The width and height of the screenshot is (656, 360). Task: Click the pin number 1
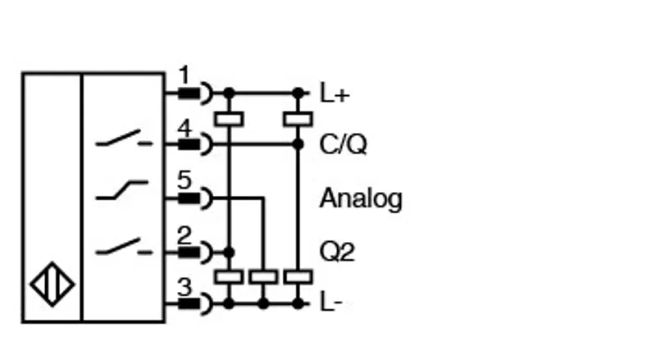tap(184, 75)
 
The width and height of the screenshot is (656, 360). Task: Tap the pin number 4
tap(184, 128)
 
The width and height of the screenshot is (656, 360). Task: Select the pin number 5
tap(184, 180)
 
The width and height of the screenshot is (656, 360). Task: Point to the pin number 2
tap(184, 235)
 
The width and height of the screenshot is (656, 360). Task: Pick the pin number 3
tap(184, 287)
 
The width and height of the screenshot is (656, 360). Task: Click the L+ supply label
tap(335, 93)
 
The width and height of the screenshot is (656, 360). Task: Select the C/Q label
tap(343, 144)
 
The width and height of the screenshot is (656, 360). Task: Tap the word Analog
tap(361, 198)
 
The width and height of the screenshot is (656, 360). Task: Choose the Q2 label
tap(337, 252)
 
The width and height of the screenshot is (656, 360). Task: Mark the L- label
tap(331, 302)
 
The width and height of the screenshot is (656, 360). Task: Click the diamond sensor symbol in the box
tap(52, 285)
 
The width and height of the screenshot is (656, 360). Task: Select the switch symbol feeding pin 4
tap(124, 139)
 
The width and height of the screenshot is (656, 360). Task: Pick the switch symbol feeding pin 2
tap(124, 247)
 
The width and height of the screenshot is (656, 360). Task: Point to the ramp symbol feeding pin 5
tap(121, 190)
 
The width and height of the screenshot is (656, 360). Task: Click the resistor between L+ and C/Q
tap(298, 119)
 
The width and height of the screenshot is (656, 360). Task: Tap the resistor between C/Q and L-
tap(298, 276)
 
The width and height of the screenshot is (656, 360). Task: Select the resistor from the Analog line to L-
tap(263, 276)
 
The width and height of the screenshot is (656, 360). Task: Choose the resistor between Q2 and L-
tap(229, 276)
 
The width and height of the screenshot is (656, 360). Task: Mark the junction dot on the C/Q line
tap(298, 144)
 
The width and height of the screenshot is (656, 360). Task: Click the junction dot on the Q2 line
tap(229, 253)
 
